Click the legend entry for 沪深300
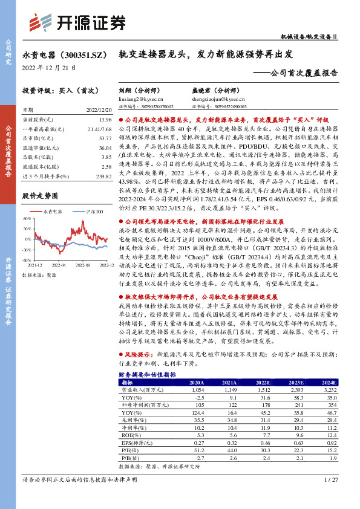[x=94, y=212]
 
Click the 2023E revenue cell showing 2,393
[x=296, y=390]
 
